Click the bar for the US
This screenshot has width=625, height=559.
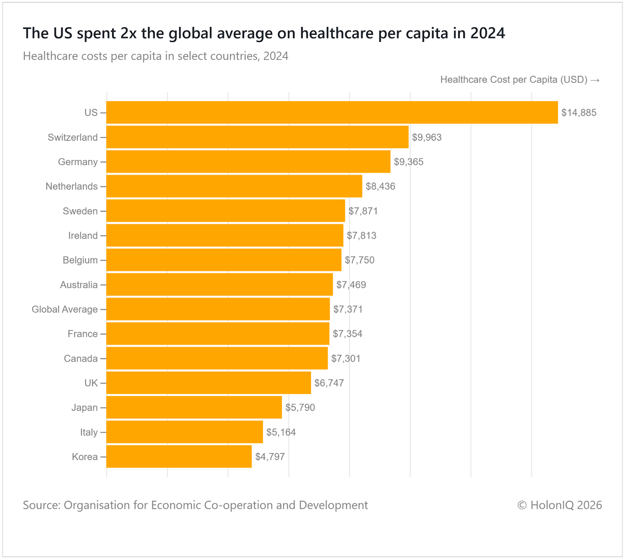coord(332,113)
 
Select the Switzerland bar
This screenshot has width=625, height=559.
coord(257,137)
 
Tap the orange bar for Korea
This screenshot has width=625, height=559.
coord(179,457)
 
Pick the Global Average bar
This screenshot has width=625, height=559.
coord(218,309)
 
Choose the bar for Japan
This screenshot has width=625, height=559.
coord(194,407)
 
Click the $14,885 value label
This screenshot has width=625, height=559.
coord(579,113)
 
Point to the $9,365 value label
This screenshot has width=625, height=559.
coord(408,162)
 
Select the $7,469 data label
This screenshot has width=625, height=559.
coord(351,285)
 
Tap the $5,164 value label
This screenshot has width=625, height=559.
coord(281,432)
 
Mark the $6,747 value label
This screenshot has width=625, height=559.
coord(329,383)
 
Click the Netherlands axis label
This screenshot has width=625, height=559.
coord(71,186)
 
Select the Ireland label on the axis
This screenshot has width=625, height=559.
coord(83,236)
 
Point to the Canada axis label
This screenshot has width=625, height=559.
coord(80,358)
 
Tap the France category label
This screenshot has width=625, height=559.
coord(82,334)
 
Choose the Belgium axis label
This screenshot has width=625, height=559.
coord(80,260)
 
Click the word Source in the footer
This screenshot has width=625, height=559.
coord(41,505)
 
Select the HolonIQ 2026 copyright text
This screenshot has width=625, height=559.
coord(559,505)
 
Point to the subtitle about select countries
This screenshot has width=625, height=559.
coord(155,56)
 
